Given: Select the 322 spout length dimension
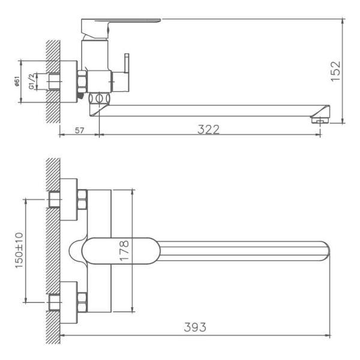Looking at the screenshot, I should (x=208, y=129).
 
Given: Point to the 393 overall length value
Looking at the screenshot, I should (x=195, y=327).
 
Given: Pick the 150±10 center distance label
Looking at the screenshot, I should (x=19, y=250).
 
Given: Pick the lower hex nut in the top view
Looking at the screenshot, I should (x=82, y=299).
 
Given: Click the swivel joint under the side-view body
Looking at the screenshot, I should (x=100, y=99).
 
